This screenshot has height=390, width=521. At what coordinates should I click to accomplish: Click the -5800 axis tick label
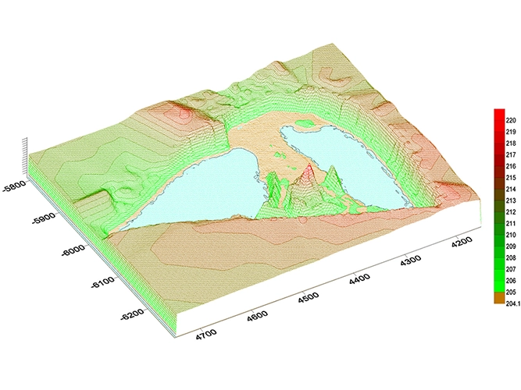[16, 187]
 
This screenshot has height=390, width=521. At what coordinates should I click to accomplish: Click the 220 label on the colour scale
[510, 121]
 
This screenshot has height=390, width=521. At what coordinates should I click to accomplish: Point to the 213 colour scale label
[510, 200]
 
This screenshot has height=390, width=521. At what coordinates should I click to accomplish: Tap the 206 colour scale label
[510, 280]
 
